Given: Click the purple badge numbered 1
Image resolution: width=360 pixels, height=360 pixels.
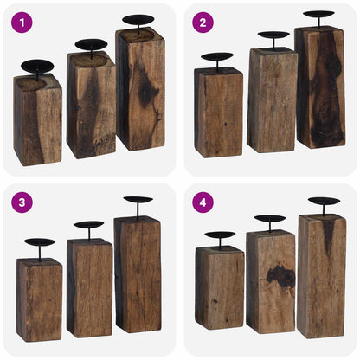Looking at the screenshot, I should pos(22,22).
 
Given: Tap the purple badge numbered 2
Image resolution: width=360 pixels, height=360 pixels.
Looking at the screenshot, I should pos(202,22).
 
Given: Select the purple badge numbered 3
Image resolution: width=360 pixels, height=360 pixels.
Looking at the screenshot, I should pos(22,202).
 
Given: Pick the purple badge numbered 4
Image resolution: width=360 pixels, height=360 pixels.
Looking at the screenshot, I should pos(202,202).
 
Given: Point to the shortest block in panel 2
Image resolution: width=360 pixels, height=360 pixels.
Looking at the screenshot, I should pos(218,112).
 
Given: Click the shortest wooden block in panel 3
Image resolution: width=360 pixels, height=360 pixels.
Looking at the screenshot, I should pos(40,299).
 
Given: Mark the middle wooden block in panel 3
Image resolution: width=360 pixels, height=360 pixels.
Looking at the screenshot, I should pos(90,288).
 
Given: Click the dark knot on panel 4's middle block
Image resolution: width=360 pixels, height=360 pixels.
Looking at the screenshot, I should pos(280,277).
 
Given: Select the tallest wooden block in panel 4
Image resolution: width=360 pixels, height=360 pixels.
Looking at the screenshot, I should pos(322,275).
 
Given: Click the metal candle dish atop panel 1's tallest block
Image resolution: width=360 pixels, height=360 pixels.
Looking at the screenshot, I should pos(138,19).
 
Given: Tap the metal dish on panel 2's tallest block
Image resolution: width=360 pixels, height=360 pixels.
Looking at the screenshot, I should pos(319,14).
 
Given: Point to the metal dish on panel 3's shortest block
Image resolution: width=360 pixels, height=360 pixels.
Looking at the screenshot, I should pos(40,242).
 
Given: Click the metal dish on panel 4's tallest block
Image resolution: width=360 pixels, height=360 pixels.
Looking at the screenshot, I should pos(324,201).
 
